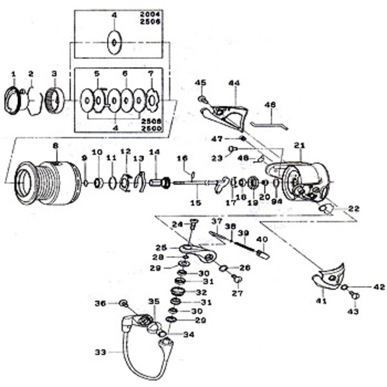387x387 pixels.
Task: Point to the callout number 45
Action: pos(201,83)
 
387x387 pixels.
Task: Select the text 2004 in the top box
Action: pos(153,15)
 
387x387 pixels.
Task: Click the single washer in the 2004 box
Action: pos(114,43)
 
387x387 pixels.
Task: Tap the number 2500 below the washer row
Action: pos(153,128)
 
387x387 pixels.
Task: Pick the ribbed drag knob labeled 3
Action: pos(55,101)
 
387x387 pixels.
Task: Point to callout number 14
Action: pos(154,152)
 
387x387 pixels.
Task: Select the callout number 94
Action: pos(278,201)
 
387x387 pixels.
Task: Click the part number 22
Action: pos(353,208)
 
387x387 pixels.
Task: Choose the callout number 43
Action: pos(353,312)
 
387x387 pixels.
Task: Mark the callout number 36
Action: pos(100,303)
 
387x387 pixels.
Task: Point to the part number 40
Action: pos(261,240)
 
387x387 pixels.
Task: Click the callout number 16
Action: pos(182,158)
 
